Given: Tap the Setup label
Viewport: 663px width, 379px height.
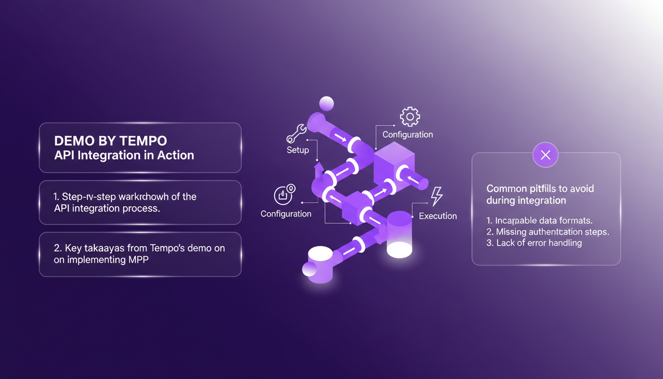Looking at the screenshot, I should (297, 150).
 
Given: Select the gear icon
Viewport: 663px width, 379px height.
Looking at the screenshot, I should (409, 117).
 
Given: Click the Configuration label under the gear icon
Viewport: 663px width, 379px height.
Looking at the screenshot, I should (407, 134).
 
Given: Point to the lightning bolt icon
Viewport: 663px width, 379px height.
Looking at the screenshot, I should (437, 196).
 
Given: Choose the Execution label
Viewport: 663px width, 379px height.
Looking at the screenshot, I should (438, 216).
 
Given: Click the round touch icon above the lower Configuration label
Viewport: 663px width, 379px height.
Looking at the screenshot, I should (284, 194).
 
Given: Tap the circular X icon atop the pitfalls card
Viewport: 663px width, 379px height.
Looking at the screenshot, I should (545, 155).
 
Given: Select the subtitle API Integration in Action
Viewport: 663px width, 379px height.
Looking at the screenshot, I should (124, 155).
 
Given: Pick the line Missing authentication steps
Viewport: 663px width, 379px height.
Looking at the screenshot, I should (548, 232).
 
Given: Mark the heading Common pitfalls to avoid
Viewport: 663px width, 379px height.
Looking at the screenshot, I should (540, 189).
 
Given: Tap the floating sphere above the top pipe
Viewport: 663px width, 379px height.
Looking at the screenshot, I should (327, 104).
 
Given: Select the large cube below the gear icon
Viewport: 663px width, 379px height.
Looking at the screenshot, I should (393, 163).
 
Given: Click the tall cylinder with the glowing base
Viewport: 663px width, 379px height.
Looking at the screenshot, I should (399, 234).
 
